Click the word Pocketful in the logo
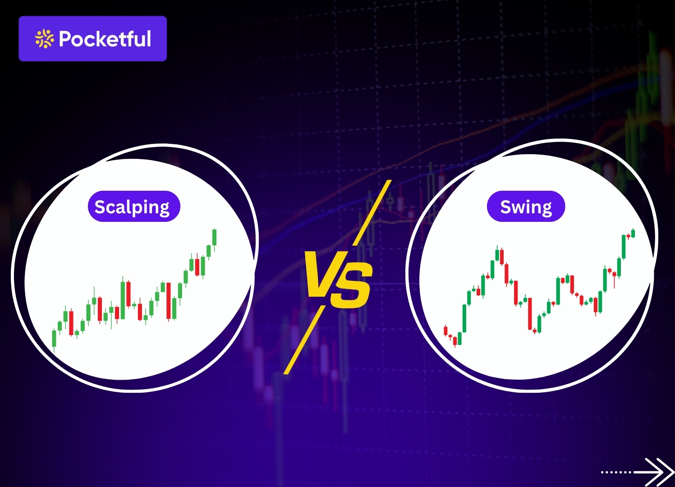(105, 39)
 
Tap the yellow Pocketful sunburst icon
(45, 39)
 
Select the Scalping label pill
(134, 207)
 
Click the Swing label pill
(526, 207)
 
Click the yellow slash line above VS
(372, 212)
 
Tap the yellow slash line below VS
(304, 340)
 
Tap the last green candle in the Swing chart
(633, 233)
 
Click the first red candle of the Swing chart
(445, 331)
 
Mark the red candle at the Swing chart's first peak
(502, 257)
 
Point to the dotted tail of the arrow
(616, 472)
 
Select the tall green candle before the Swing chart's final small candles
(624, 247)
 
